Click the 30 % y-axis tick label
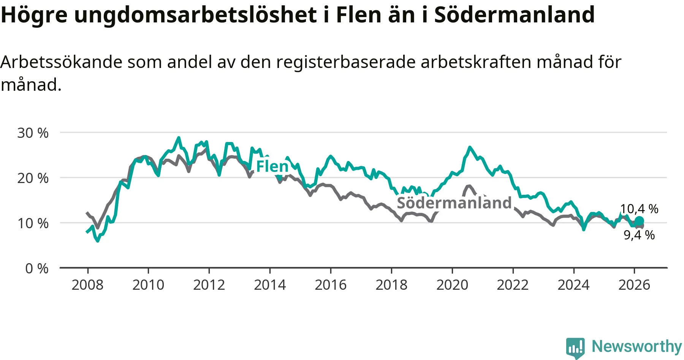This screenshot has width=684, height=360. pos(33,133)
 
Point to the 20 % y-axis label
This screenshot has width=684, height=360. pos(33,178)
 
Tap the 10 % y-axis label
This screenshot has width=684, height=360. pos(33,223)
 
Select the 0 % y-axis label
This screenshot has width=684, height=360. pos(37,268)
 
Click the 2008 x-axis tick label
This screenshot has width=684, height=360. pos(87,285)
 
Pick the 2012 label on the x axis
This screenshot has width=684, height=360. pos(209,285)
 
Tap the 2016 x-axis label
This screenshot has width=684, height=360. pos(331,285)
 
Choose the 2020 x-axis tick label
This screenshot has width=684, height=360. pos(452,285)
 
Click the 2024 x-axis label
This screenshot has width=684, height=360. pos(573,285)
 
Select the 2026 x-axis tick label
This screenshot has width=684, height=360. pos(634,285)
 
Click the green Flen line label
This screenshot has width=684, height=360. pos(272,166)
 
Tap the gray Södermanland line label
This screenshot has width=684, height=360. pos(454,203)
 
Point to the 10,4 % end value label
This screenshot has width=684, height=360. pos(639,209)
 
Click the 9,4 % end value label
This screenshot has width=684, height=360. pos(639,235)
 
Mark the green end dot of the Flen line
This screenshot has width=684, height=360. pos(639,221)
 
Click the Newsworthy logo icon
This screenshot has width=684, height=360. pos(575,347)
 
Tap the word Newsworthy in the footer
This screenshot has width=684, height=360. pos(636,346)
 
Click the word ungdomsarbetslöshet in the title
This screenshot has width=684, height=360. pos(196,15)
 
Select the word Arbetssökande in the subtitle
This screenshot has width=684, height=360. pos(61,62)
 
